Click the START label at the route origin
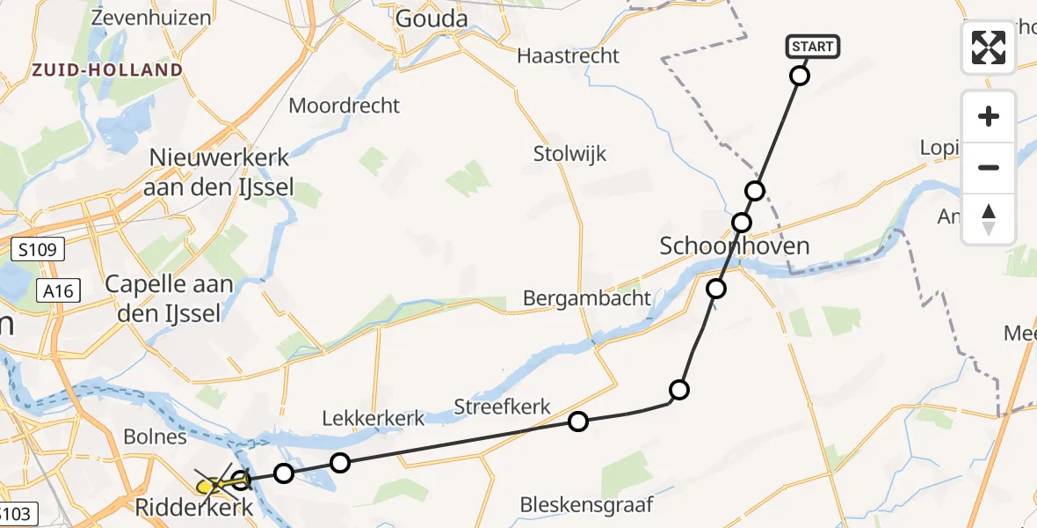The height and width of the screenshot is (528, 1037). point(813,47)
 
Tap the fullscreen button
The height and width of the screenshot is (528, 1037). point(989,48)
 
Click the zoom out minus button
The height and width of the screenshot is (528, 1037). point(989,167)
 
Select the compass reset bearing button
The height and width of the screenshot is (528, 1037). point(989,219)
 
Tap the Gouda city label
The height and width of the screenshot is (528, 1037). point(431,18)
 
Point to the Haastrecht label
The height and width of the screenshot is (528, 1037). point(569,55)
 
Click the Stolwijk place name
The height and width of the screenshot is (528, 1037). point(569,154)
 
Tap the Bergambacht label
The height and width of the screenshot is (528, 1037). point(587,298)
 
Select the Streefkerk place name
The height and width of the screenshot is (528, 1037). point(502,407)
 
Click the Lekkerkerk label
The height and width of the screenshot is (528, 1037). point(373,418)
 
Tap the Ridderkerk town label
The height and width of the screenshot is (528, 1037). point(195,508)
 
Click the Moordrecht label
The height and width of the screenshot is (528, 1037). point(344,106)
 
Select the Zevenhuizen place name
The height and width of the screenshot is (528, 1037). point(150,18)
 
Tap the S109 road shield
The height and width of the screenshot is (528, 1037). point(39,251)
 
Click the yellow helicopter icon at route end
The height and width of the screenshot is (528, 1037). point(210,485)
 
